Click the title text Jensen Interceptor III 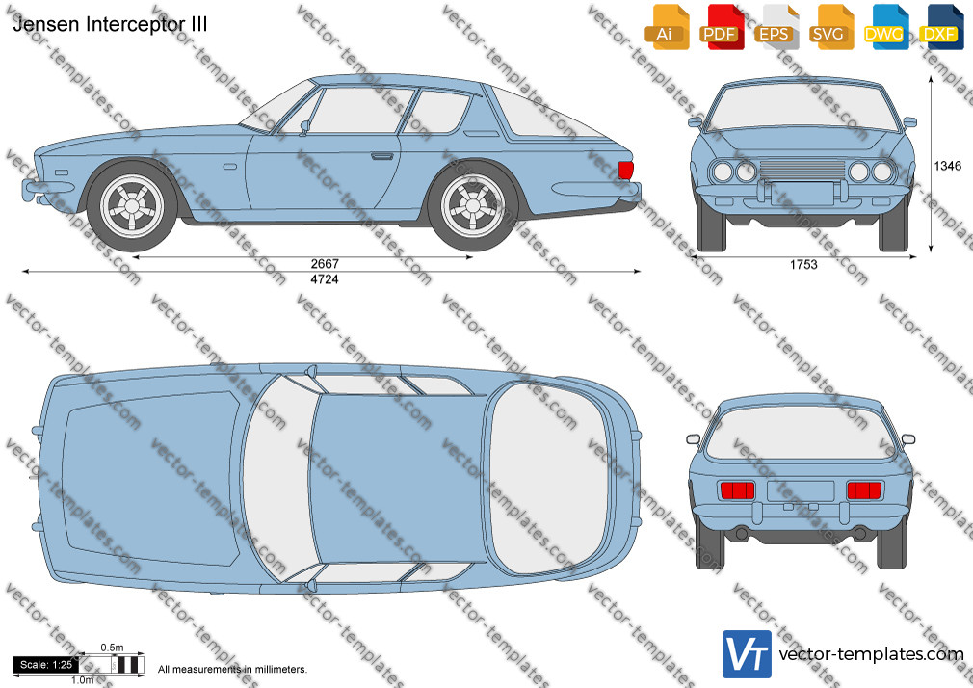pyautogui.click(x=110, y=24)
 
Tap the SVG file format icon pyautogui.click(x=829, y=27)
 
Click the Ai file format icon pyautogui.click(x=666, y=27)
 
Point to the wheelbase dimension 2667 pyautogui.click(x=325, y=264)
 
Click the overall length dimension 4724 pyautogui.click(x=325, y=279)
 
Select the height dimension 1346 pyautogui.click(x=948, y=166)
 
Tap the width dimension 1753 pyautogui.click(x=803, y=265)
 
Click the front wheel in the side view pyautogui.click(x=132, y=205)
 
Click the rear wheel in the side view pyautogui.click(x=473, y=205)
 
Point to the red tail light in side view pyautogui.click(x=625, y=171)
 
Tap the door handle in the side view pyautogui.click(x=381, y=156)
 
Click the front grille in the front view pyautogui.click(x=802, y=169)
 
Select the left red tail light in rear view pyautogui.click(x=737, y=490)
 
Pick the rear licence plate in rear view pyautogui.click(x=801, y=491)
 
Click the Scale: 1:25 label pyautogui.click(x=46, y=665)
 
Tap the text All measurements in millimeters pyautogui.click(x=232, y=670)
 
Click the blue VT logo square pyautogui.click(x=748, y=654)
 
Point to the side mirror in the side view pyautogui.click(x=304, y=127)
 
